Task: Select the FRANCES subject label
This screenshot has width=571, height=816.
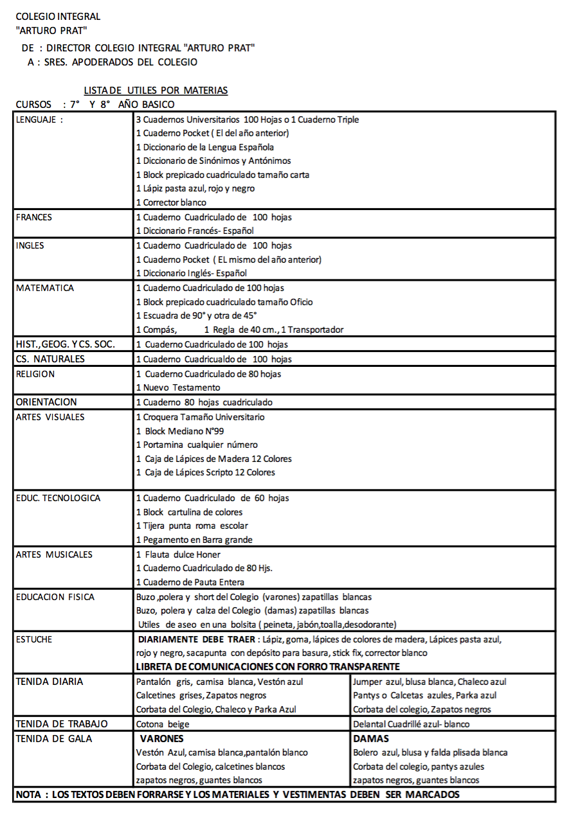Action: (x=34, y=217)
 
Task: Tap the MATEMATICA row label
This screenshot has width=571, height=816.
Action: (x=45, y=288)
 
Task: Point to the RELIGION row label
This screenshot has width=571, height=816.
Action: (x=35, y=374)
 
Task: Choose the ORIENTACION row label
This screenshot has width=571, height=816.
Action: (x=46, y=402)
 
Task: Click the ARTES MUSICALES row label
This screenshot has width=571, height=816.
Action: (x=54, y=554)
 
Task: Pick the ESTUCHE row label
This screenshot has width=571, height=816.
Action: (x=34, y=639)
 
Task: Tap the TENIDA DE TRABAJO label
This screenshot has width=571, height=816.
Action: (x=62, y=724)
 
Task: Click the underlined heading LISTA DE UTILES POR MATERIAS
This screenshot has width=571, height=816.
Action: (x=156, y=91)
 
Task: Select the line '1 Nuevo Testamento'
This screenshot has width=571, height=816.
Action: (x=178, y=387)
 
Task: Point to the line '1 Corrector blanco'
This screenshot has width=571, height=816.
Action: (x=171, y=202)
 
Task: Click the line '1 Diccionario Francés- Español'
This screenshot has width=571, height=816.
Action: (x=195, y=231)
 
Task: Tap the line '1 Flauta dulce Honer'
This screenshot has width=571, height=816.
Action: (x=178, y=554)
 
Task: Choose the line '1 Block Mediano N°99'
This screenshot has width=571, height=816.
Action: (x=180, y=431)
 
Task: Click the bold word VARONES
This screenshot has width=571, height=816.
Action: (x=161, y=739)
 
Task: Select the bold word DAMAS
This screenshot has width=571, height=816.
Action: (x=371, y=739)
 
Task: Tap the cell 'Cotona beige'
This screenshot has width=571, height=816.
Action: (x=163, y=724)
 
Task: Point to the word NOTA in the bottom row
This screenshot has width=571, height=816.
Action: (x=28, y=795)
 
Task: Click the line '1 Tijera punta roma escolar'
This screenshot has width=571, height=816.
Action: (x=192, y=526)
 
